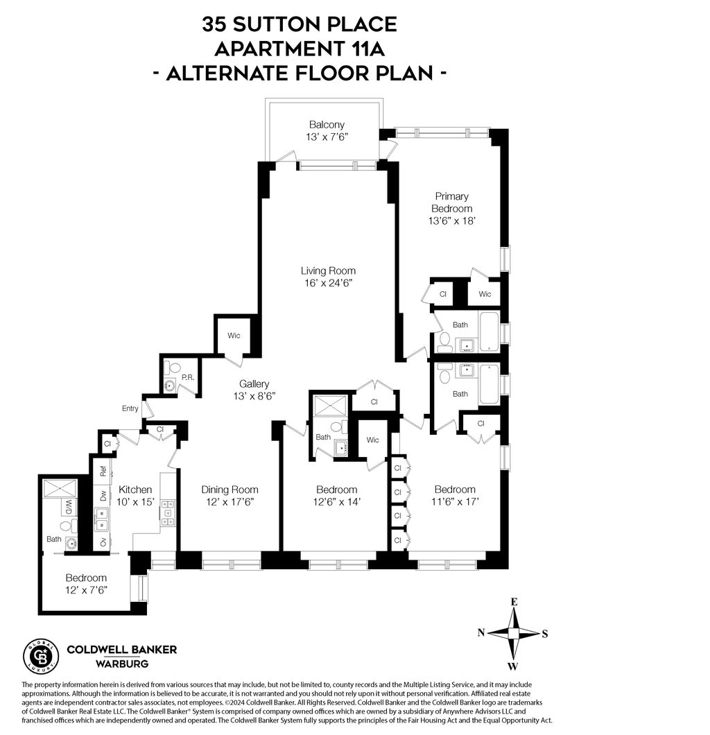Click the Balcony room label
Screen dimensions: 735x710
(327, 125)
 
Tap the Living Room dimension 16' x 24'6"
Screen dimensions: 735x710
(329, 283)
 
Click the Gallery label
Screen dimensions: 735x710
(254, 383)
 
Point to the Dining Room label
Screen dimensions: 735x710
(230, 490)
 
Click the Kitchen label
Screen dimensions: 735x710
(135, 490)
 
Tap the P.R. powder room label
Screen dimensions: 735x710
(187, 378)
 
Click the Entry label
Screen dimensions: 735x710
(130, 408)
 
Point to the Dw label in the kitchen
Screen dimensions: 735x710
(103, 496)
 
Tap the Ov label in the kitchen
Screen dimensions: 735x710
(103, 542)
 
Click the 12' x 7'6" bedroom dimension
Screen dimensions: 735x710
(86, 590)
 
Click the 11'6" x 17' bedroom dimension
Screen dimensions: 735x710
(455, 501)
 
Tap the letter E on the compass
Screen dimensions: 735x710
(514, 602)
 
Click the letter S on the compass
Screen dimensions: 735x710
(545, 633)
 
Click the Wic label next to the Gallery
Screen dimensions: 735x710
(234, 336)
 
